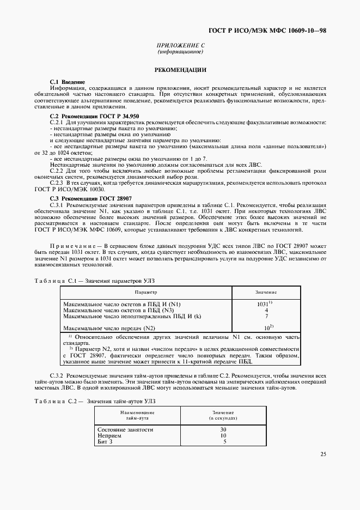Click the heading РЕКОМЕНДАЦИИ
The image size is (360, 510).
pyautogui.click(x=180, y=70)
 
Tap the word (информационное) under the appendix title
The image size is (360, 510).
pyautogui.click(x=180, y=52)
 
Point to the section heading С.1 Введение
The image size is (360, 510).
pyautogui.click(x=67, y=82)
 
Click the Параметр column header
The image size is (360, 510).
pyautogui.click(x=145, y=293)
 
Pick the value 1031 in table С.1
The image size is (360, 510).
pyautogui.click(x=265, y=303)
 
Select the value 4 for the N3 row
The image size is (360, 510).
pyautogui.click(x=266, y=310)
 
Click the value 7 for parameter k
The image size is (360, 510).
pyautogui.click(x=266, y=316)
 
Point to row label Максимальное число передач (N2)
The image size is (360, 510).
pyautogui.click(x=109, y=328)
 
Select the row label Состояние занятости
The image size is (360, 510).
pyautogui.click(x=125, y=429)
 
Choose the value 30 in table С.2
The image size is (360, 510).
pyautogui.click(x=223, y=429)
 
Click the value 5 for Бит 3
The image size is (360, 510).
pyautogui.click(x=224, y=441)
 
